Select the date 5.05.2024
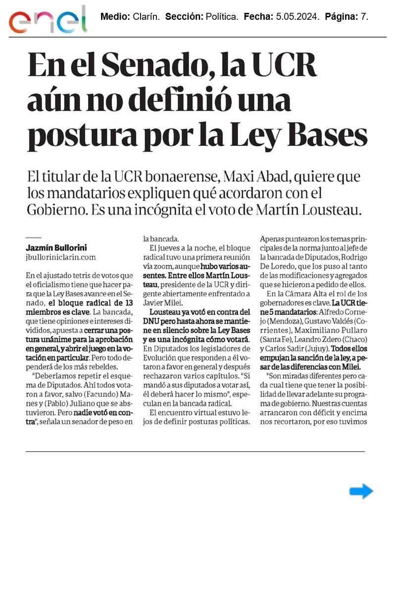pos(296,17)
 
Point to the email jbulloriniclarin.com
pos(60,257)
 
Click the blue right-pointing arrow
pos(361,491)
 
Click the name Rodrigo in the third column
pos(352,266)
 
